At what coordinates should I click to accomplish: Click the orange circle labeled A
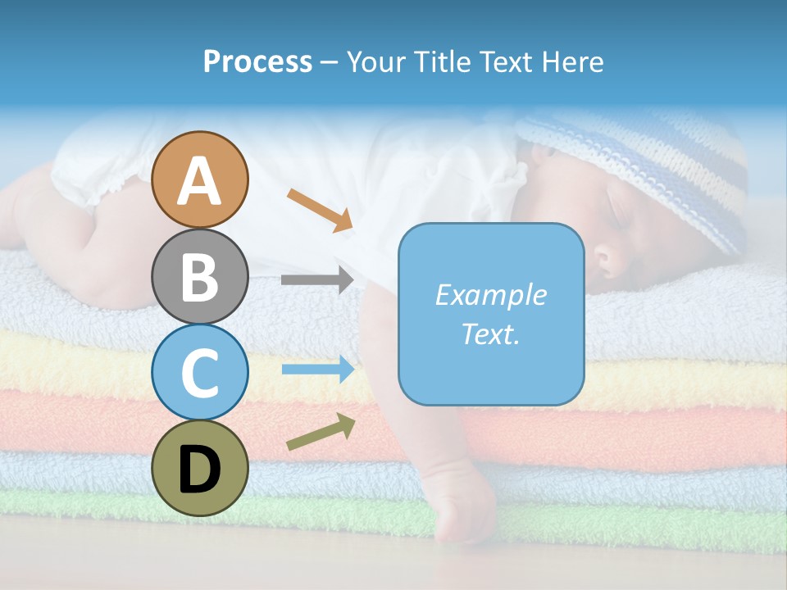pos(200,180)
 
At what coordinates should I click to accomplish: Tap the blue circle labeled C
pos(200,372)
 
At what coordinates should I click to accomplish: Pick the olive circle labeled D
pos(200,468)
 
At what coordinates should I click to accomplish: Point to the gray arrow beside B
pos(317,279)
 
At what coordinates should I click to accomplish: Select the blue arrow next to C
pos(317,370)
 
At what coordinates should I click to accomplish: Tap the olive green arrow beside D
pos(321,432)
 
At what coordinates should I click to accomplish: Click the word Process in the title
pos(257,61)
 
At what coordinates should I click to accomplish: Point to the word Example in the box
pos(490,295)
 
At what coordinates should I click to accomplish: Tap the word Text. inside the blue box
pos(490,334)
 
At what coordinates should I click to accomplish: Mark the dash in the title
pos(330,62)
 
